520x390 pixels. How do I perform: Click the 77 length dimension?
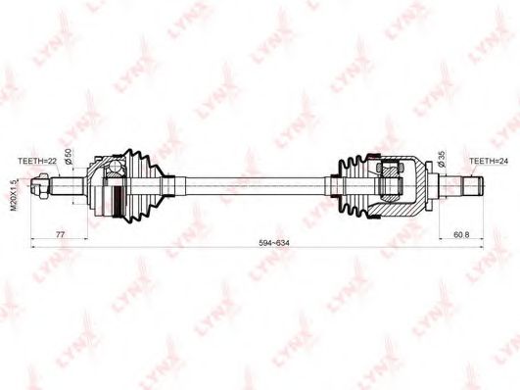pyautogui.click(x=60, y=235)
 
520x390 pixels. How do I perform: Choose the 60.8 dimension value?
pyautogui.click(x=461, y=235)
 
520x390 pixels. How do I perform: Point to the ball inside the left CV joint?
pyautogui.click(x=114, y=177)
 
